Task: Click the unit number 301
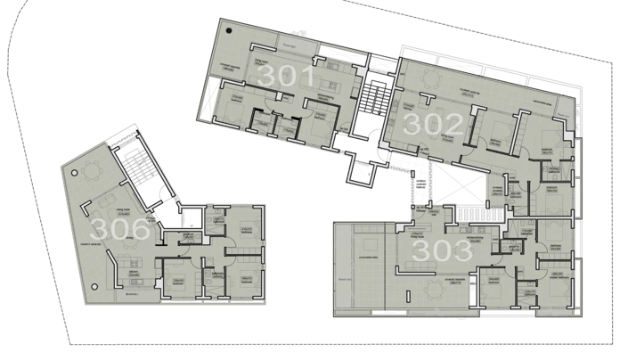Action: coord(283,77)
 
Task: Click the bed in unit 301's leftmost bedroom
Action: coord(233,107)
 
